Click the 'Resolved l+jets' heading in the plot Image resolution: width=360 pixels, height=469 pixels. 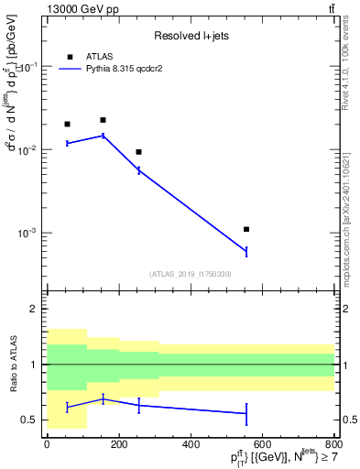tap(191, 36)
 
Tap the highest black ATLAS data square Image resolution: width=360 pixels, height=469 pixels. tap(103, 120)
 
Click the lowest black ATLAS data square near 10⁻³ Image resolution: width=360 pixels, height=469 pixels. tap(246, 229)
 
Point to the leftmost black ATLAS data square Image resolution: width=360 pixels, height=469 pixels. tap(67, 124)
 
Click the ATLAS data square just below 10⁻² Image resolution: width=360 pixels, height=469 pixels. tap(138, 152)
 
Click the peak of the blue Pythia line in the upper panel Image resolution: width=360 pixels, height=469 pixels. tap(103, 136)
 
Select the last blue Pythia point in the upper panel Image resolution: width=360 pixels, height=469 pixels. tap(246, 251)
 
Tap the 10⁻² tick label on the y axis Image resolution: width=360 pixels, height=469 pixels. tap(27, 150)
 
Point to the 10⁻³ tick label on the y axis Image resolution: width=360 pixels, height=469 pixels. tap(27, 233)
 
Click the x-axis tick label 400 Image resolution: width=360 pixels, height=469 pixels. tap(191, 444)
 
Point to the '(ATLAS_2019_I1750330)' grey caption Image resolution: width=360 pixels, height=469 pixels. tap(191, 274)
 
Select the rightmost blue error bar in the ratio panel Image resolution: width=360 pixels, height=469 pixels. tap(246, 414)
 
